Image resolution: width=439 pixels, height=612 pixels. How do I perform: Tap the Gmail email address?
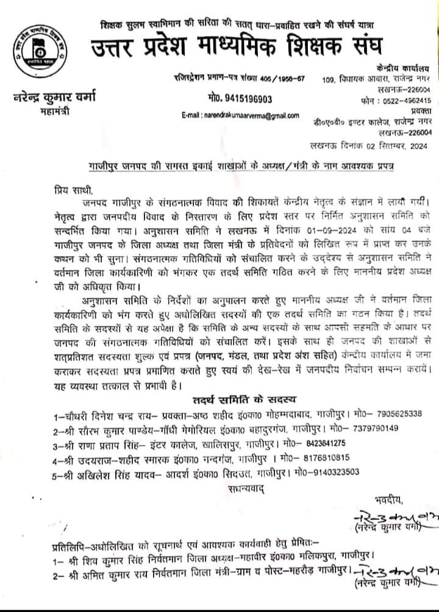click(x=240, y=115)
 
